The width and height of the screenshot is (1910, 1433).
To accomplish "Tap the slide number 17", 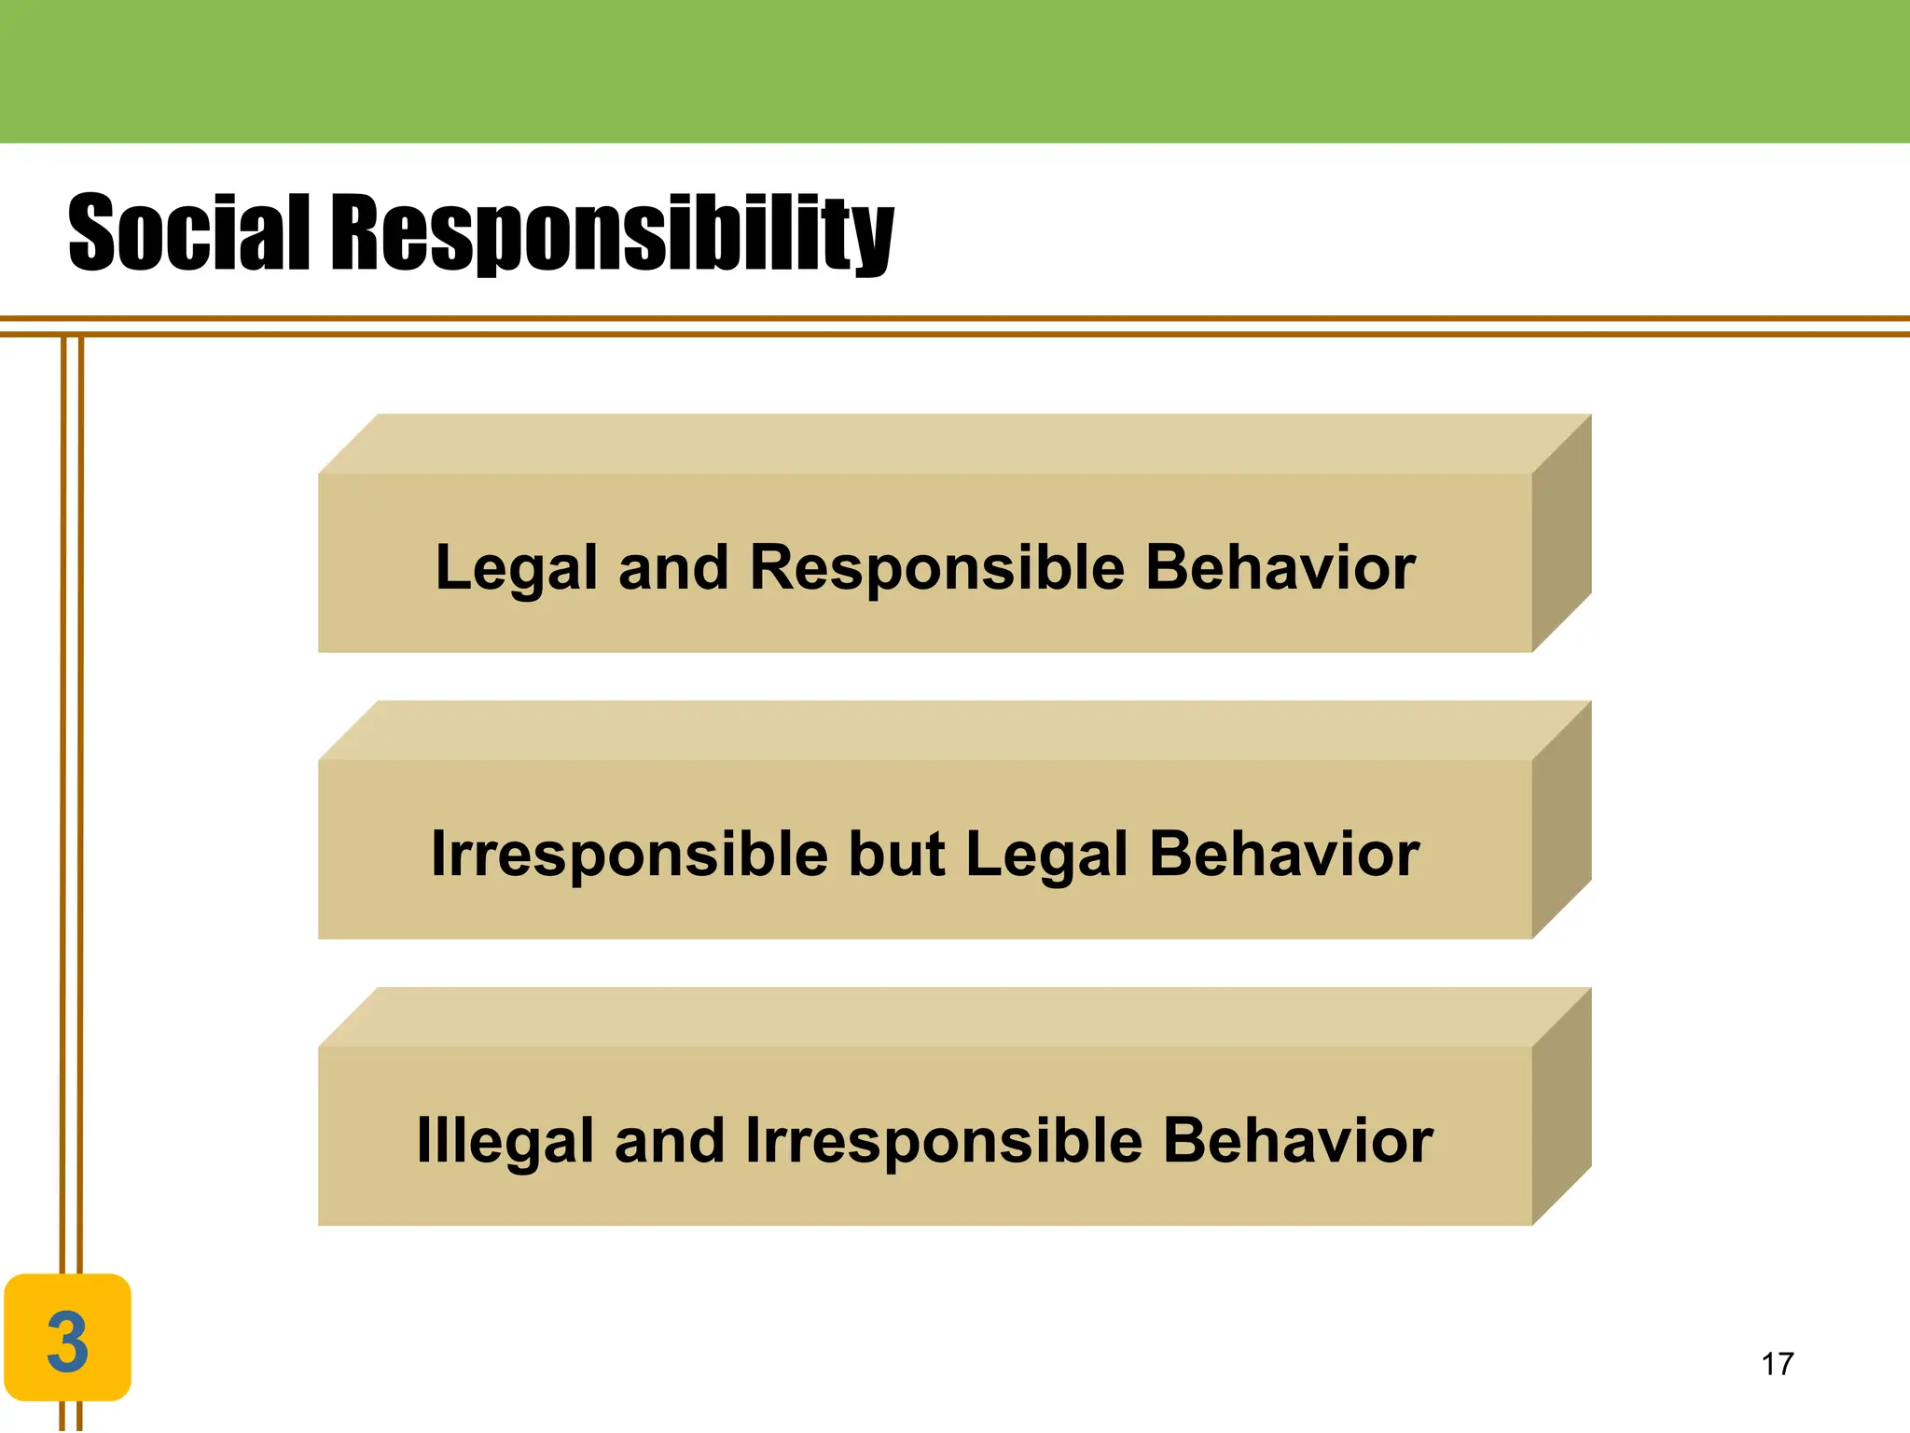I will tap(1777, 1364).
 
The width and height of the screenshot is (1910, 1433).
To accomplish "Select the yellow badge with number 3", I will tap(67, 1338).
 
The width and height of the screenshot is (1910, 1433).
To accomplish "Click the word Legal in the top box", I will tap(516, 567).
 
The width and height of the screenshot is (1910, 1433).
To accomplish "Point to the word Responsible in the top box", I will tap(936, 567).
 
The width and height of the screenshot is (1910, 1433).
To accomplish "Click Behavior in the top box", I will tap(1280, 567).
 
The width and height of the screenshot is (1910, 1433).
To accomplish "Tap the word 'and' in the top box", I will tap(673, 567).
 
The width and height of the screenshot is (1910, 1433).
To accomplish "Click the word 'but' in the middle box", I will tap(896, 854).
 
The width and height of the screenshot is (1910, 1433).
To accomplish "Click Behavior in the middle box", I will tap(1284, 854).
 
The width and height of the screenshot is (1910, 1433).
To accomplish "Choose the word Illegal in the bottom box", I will tap(505, 1140).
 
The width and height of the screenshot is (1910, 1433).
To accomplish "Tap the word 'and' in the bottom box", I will tap(670, 1140).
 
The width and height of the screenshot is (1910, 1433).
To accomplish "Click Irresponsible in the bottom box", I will tap(944, 1140).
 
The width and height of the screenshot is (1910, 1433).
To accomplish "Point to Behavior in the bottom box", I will tap(1298, 1140).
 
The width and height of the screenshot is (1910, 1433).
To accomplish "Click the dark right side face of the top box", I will tap(1561, 534).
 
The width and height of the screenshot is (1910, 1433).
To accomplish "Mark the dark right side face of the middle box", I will tap(1561, 820).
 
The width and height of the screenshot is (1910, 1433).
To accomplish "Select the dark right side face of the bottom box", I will tap(1561, 1106).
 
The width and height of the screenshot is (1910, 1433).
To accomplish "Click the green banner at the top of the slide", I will tap(955, 71).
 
